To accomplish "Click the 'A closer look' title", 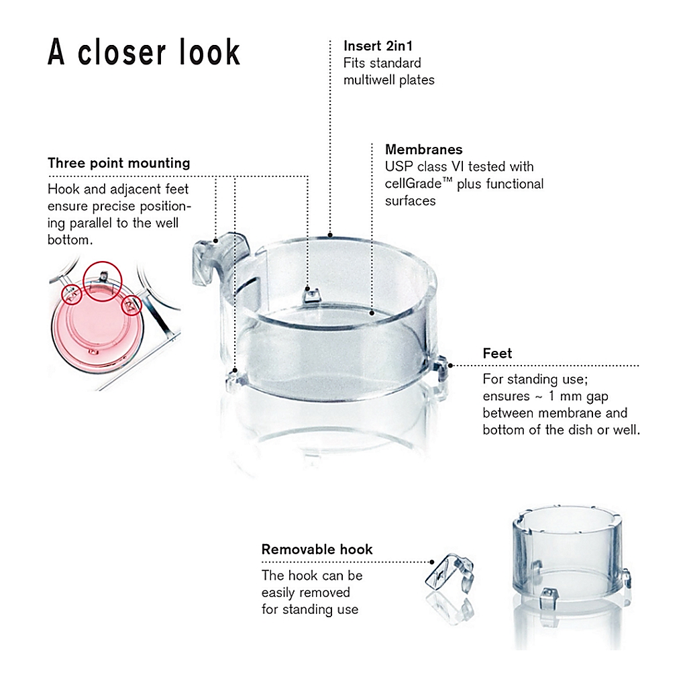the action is (144, 52).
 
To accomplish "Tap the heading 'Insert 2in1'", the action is (378, 46).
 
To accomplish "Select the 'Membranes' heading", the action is (424, 150).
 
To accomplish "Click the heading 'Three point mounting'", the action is (119, 163).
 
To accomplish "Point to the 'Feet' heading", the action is (497, 353).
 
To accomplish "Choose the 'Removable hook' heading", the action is (317, 549).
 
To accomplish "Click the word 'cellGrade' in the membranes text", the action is (413, 184).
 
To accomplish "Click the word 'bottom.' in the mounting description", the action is (70, 240).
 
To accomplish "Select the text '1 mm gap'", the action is (578, 396).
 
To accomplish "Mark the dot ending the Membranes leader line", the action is (372, 313).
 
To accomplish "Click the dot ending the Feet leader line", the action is (450, 365).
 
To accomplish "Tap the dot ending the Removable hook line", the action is (432, 562).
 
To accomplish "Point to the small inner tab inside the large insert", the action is (311, 295).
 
